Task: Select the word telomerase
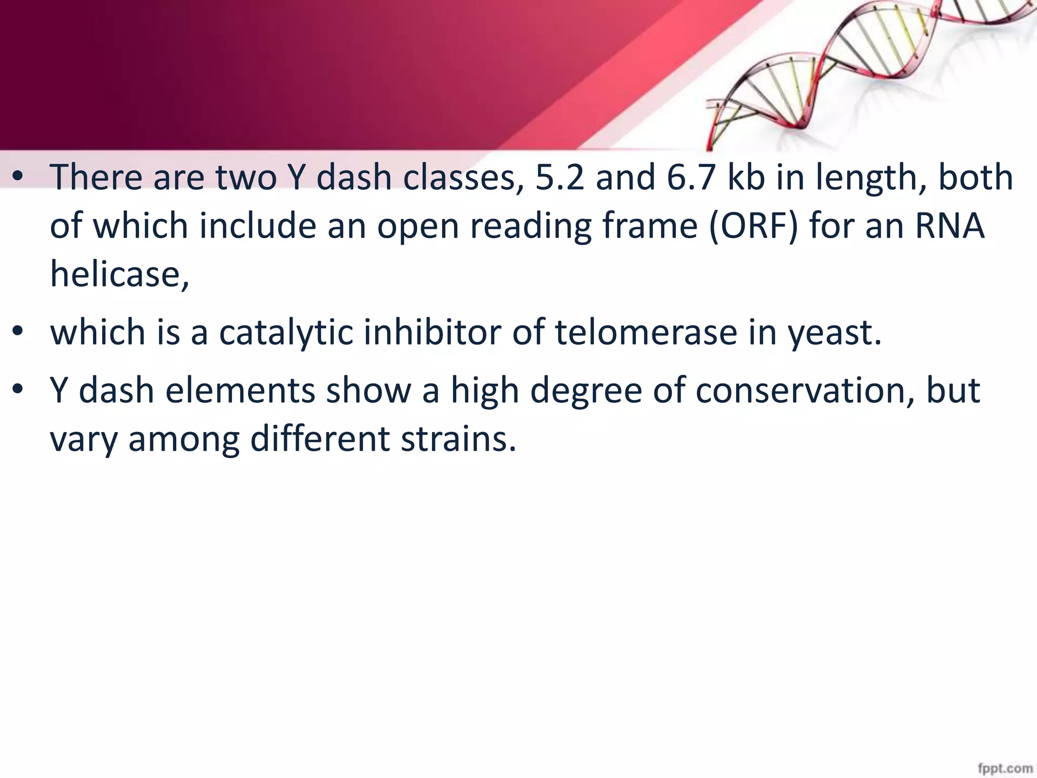(646, 333)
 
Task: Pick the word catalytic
(286, 333)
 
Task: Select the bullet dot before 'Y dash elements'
(18, 391)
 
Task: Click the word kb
(746, 177)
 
